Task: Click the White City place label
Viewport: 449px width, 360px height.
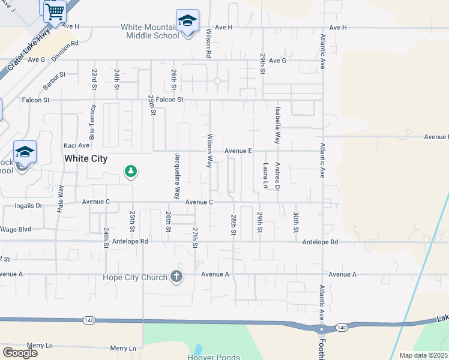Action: point(86,158)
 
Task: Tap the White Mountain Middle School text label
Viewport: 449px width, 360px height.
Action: point(149,31)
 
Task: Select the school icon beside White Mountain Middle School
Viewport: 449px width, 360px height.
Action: point(187,22)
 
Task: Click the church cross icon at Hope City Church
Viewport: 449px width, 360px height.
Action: point(176,276)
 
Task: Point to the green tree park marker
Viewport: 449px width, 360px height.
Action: point(130,172)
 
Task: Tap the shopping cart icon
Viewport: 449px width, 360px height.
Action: point(55,11)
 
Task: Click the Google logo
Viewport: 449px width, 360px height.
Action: point(20,353)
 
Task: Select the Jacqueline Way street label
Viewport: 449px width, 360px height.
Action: point(178,176)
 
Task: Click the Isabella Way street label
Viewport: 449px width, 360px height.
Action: point(277,125)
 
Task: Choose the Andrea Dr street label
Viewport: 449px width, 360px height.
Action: point(277,176)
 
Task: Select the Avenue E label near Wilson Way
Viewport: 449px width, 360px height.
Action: point(238,151)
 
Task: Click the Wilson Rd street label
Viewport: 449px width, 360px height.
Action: point(208,43)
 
